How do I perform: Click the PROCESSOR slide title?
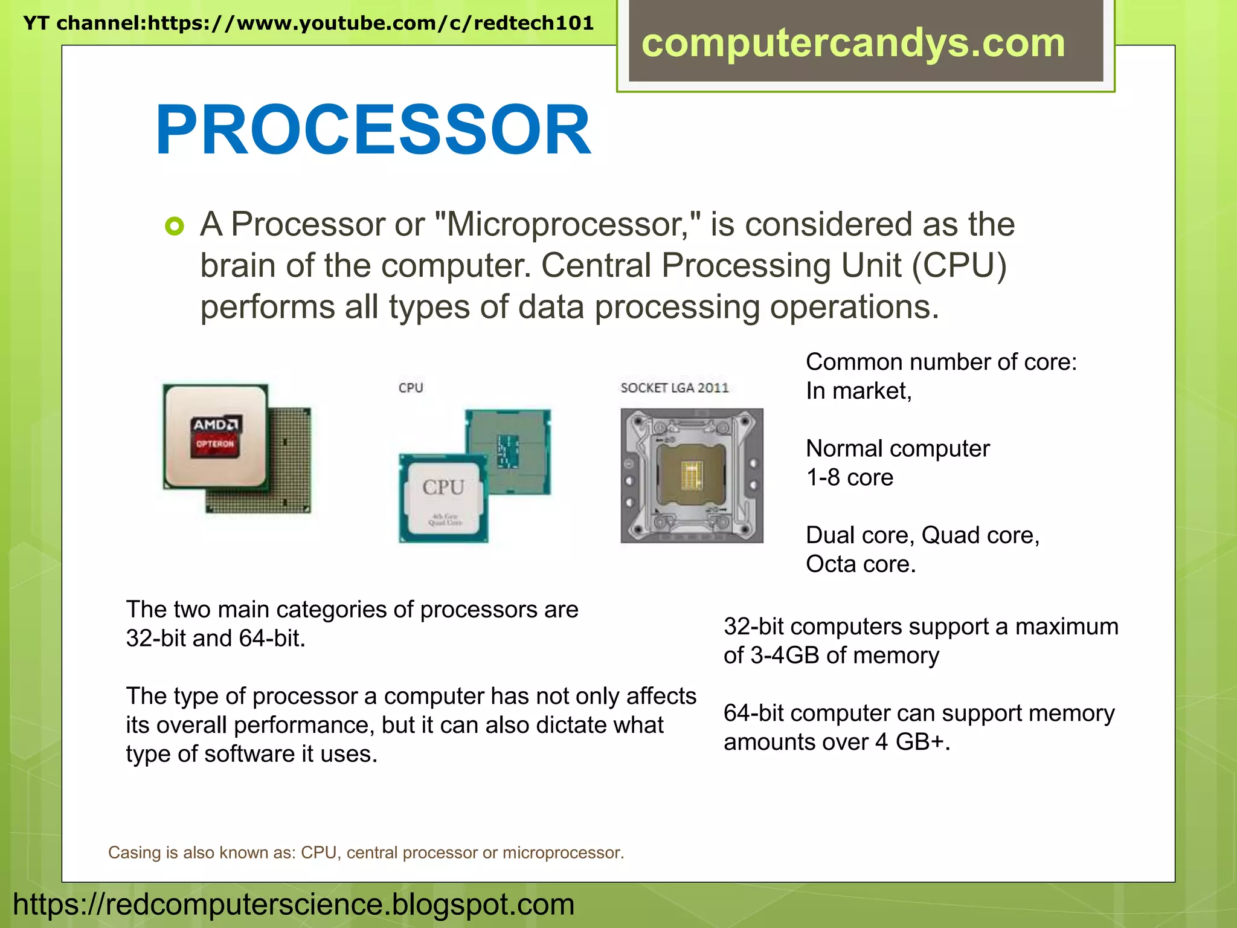point(373,130)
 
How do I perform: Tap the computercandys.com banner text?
point(853,43)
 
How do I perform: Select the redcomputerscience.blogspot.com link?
point(294,904)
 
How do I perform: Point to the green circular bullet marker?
point(174,227)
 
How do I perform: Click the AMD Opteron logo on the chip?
point(216,434)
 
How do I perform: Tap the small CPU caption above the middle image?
point(411,388)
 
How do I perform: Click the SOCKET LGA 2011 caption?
point(675,388)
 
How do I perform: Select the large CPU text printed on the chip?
point(443,487)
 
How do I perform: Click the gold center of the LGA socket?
point(692,474)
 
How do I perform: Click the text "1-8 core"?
point(849,477)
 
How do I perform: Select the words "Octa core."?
point(861,564)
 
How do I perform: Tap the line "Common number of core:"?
point(941,362)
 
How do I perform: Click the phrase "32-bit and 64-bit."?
point(216,639)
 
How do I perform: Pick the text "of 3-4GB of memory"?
point(831,656)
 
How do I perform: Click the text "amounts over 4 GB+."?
point(837,742)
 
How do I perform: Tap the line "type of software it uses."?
point(251,754)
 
